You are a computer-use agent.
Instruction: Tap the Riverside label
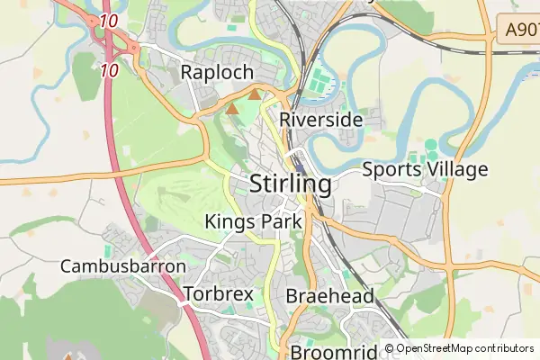pyautogui.click(x=321, y=119)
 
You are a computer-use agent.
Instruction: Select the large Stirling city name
pyautogui.click(x=289, y=184)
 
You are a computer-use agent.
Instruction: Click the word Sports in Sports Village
pyautogui.click(x=393, y=169)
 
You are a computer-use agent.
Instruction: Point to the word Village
pyautogui.click(x=458, y=169)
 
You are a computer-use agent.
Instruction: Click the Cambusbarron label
pyautogui.click(x=123, y=266)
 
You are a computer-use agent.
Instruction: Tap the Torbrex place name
pyautogui.click(x=218, y=294)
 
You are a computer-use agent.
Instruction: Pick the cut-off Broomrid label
pyautogui.click(x=329, y=351)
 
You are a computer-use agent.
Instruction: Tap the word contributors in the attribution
pyautogui.click(x=507, y=348)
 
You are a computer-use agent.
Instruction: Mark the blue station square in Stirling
pyautogui.click(x=299, y=166)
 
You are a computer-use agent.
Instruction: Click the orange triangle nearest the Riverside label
pyautogui.click(x=256, y=94)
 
